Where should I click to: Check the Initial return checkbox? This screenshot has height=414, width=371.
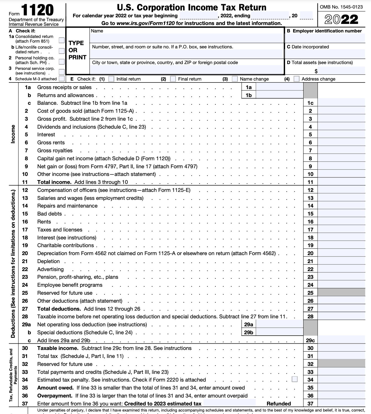pos(111,79)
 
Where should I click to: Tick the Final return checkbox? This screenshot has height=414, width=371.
pos(173,79)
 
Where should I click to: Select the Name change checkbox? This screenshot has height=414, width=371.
pos(234,79)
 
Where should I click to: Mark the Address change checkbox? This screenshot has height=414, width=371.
pos(296,79)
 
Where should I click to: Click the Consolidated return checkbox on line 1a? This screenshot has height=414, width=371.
pos(62,40)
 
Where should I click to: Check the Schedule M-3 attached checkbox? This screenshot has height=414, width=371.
pos(62,79)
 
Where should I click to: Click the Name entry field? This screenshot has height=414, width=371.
pos(187,38)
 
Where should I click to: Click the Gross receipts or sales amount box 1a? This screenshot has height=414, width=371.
pos(279,87)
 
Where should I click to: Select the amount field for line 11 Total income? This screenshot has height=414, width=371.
pos(341,182)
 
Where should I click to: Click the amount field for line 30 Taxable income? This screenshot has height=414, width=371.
pos(341,348)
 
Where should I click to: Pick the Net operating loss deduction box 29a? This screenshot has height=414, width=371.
pos(279,324)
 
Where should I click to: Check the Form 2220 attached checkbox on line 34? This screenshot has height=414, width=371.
pos(294,379)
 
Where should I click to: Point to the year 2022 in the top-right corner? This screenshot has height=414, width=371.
pos(341,19)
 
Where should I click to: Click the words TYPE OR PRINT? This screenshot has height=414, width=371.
pos(77,50)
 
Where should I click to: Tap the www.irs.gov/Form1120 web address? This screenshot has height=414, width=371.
pos(146,23)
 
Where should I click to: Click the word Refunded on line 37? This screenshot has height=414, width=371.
pos(279,404)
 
